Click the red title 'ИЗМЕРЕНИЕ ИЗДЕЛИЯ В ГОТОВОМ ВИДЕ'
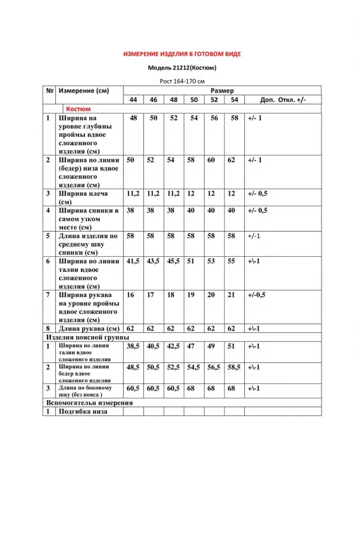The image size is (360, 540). [x=182, y=54]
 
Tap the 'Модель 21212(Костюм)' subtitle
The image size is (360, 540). [x=182, y=68]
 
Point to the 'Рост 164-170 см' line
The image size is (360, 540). [x=182, y=81]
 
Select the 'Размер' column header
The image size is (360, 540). [x=222, y=90]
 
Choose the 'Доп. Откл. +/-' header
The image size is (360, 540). [x=283, y=100]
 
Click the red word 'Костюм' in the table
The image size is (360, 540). [x=79, y=109]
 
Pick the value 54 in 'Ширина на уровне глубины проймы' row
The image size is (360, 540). [x=194, y=118]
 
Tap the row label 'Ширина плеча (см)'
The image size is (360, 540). [x=84, y=198]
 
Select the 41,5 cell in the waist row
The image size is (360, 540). [x=133, y=262]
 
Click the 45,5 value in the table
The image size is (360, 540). [x=173, y=262]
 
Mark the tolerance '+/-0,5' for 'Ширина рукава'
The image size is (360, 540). [x=256, y=295]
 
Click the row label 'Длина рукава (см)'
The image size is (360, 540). [x=89, y=329]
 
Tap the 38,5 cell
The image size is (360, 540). [x=133, y=346]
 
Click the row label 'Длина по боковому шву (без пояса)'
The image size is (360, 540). [x=84, y=391]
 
